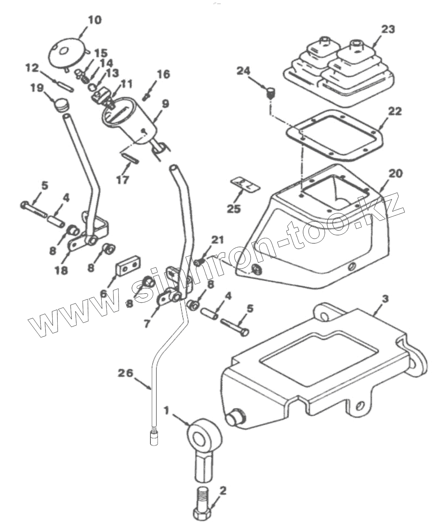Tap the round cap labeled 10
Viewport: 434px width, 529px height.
coord(67,52)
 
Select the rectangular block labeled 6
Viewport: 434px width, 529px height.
coord(128,268)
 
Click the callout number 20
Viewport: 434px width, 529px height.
coord(395,173)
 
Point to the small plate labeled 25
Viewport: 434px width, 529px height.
coord(245,184)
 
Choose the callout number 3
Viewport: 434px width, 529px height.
coord(385,299)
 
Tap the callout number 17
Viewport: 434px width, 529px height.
coord(123,180)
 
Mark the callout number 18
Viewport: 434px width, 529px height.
coord(61,270)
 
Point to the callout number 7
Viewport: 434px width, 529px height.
coord(147,323)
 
